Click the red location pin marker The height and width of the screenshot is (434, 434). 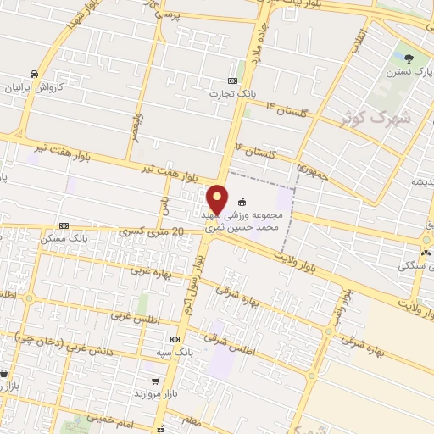point(218,198)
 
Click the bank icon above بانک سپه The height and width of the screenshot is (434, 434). point(174,338)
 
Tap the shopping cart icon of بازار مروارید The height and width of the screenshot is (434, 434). point(154,382)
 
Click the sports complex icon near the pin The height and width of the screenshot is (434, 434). point(242,203)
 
